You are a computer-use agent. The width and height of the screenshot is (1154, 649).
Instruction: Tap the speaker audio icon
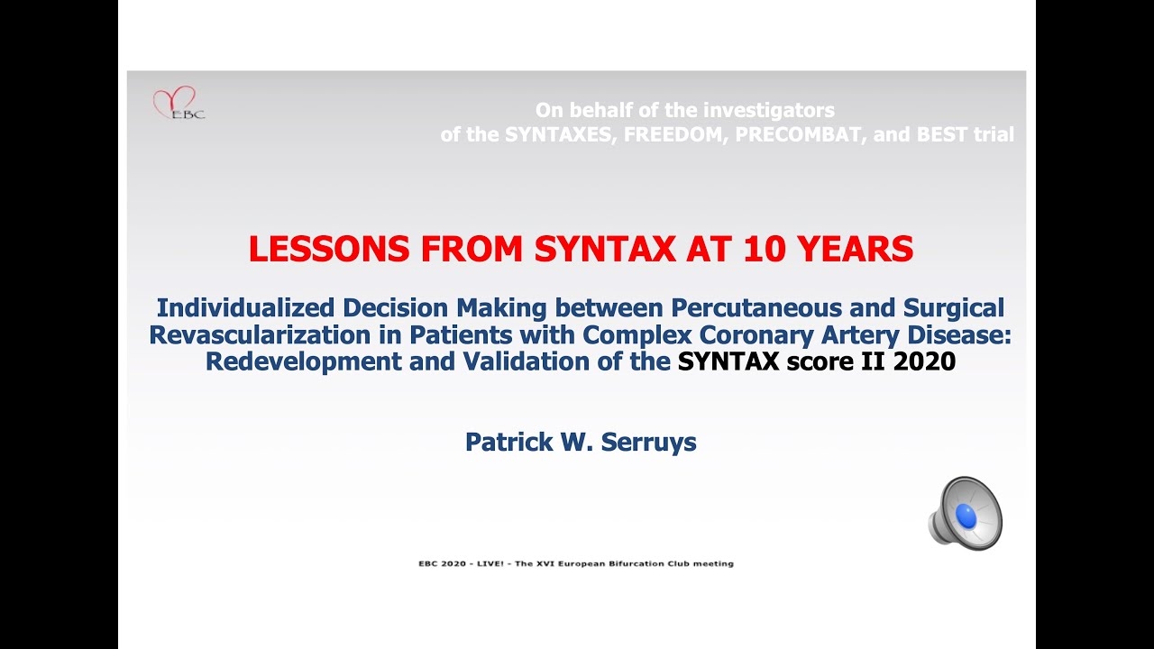(x=966, y=514)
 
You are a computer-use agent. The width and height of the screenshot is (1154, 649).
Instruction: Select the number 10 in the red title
(x=765, y=250)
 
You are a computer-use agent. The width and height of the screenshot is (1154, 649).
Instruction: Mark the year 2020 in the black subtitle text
(x=924, y=362)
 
